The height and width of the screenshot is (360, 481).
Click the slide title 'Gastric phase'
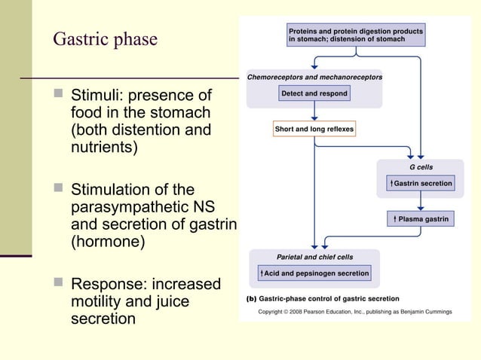click(x=105, y=39)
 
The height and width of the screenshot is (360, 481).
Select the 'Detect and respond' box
click(x=314, y=93)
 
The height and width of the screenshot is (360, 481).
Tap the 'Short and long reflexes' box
click(x=314, y=129)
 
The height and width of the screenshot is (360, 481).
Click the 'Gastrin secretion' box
click(x=421, y=184)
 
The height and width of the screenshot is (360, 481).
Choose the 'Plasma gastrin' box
click(x=421, y=219)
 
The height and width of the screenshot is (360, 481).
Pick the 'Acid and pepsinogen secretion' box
click(x=314, y=273)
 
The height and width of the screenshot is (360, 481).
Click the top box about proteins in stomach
click(x=355, y=34)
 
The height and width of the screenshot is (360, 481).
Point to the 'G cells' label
click(x=421, y=166)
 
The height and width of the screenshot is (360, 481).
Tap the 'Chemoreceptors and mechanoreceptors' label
click(x=314, y=77)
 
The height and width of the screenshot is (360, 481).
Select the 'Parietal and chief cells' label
click(x=314, y=257)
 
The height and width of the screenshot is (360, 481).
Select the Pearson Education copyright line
click(x=354, y=311)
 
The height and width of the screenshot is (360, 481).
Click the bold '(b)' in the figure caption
click(x=253, y=299)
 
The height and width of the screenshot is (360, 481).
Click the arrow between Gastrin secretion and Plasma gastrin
click(x=421, y=201)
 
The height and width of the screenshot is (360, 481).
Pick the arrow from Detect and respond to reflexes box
click(x=314, y=111)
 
